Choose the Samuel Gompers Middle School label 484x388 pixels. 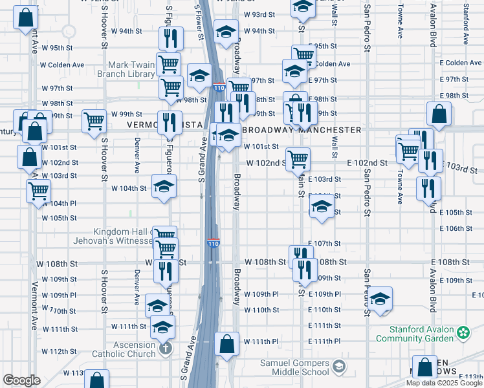click(x=294, y=367)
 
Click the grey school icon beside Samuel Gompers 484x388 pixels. click(x=338, y=367)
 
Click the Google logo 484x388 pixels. click(x=21, y=380)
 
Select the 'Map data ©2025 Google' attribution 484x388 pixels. click(x=444, y=383)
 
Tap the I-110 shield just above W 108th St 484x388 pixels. click(x=214, y=243)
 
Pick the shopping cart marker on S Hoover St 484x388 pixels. click(x=94, y=121)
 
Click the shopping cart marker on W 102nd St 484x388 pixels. click(x=298, y=159)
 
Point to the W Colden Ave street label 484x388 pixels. click(x=62, y=65)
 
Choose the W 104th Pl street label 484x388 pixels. click(x=60, y=203)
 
